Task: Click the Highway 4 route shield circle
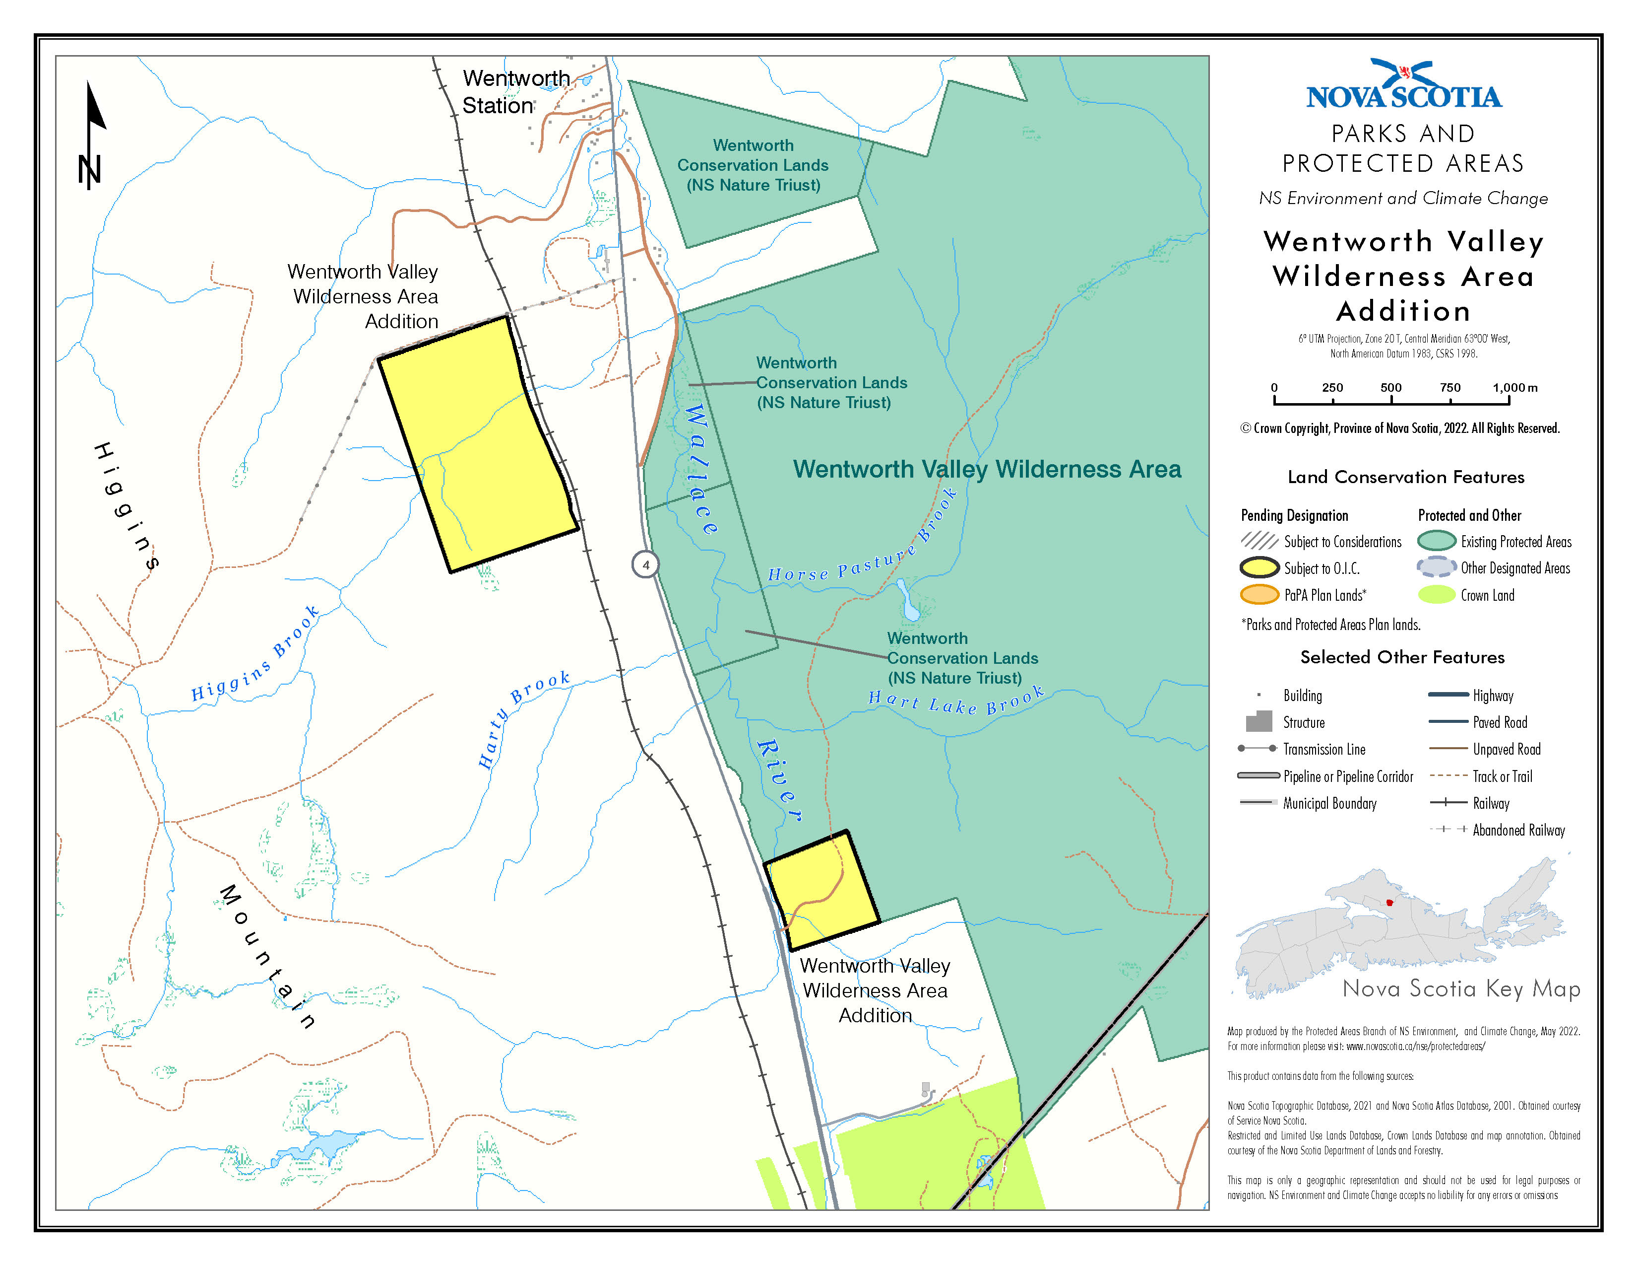(x=645, y=565)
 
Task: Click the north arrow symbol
(x=92, y=135)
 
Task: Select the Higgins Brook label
(x=255, y=655)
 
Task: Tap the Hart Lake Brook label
(x=956, y=701)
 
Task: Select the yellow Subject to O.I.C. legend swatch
(x=1259, y=568)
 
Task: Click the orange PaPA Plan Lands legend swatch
(x=1259, y=595)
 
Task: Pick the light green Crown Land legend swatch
(x=1436, y=595)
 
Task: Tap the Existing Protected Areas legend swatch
(x=1436, y=541)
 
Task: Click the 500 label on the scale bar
(x=1390, y=388)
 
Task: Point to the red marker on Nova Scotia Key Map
(x=1389, y=903)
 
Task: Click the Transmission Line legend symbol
(x=1257, y=749)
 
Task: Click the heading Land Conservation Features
(x=1405, y=477)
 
